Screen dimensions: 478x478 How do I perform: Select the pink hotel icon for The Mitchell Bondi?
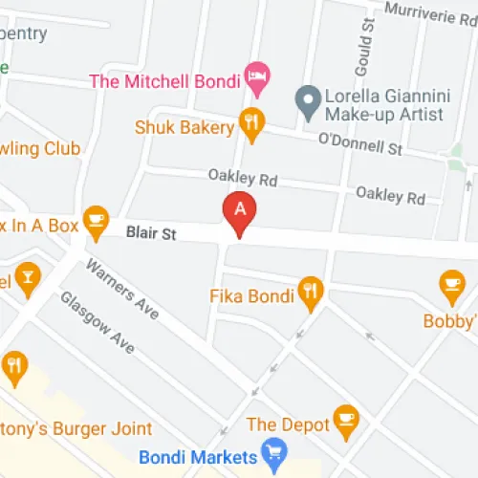coord(255,75)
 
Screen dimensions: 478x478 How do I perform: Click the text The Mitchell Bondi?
coord(163,80)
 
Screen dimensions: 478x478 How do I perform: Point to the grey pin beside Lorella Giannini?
coord(307,98)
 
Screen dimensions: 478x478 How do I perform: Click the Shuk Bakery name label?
coord(184,126)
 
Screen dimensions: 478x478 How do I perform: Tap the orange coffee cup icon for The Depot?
coord(345,418)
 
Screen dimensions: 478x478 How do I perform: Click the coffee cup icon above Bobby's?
coord(451,284)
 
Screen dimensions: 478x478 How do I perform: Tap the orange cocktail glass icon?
coord(28,276)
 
